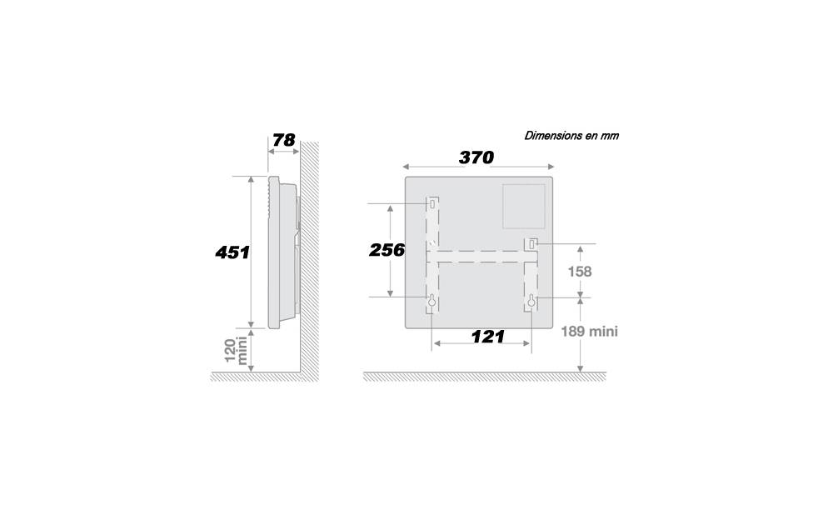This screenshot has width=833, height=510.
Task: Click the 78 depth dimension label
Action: pyautogui.click(x=284, y=140)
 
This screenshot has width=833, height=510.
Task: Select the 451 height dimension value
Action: pyautogui.click(x=232, y=252)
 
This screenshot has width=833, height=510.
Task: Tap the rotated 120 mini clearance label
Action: pyautogui.click(x=236, y=350)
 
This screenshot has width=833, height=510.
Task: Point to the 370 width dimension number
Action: pyautogui.click(x=476, y=157)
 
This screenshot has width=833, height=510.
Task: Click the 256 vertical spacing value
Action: pyautogui.click(x=387, y=250)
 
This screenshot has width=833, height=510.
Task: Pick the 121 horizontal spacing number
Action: pyautogui.click(x=487, y=337)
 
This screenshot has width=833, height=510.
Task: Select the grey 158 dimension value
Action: pyautogui.click(x=579, y=272)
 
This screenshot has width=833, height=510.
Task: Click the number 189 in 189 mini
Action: pyautogui.click(x=573, y=332)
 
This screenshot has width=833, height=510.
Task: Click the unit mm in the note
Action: pyautogui.click(x=610, y=136)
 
